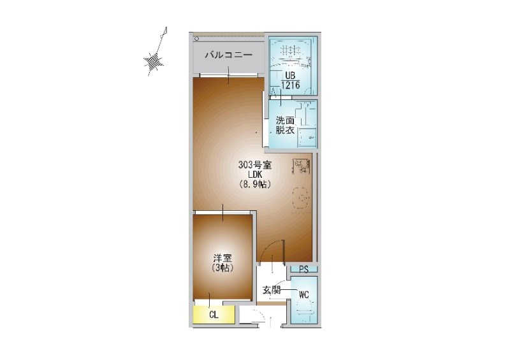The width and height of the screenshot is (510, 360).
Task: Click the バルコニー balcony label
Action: point(229,55)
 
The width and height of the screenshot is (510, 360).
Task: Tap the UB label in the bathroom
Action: point(290,76)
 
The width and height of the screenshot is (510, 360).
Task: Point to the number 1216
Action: point(291,85)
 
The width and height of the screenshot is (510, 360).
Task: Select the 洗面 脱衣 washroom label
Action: point(285,125)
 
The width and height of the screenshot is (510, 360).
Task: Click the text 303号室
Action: point(255,165)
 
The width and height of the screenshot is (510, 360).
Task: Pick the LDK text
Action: point(255,175)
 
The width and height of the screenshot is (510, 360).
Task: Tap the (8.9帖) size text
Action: point(255,184)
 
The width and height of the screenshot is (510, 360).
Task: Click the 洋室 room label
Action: point(222,259)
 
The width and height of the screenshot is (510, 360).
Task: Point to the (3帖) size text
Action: point(222,268)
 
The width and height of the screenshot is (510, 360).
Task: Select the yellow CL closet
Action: point(214,315)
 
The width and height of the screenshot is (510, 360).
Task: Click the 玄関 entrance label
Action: point(272,290)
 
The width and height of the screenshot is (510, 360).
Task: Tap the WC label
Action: point(304,295)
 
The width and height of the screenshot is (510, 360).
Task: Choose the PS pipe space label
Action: point(304,270)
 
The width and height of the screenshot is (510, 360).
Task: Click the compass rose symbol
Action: point(153,61)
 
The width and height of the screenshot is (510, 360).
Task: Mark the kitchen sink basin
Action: point(300,198)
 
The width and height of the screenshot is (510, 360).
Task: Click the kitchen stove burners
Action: point(301,166)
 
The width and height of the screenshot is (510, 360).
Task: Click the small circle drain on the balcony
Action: point(196,39)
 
